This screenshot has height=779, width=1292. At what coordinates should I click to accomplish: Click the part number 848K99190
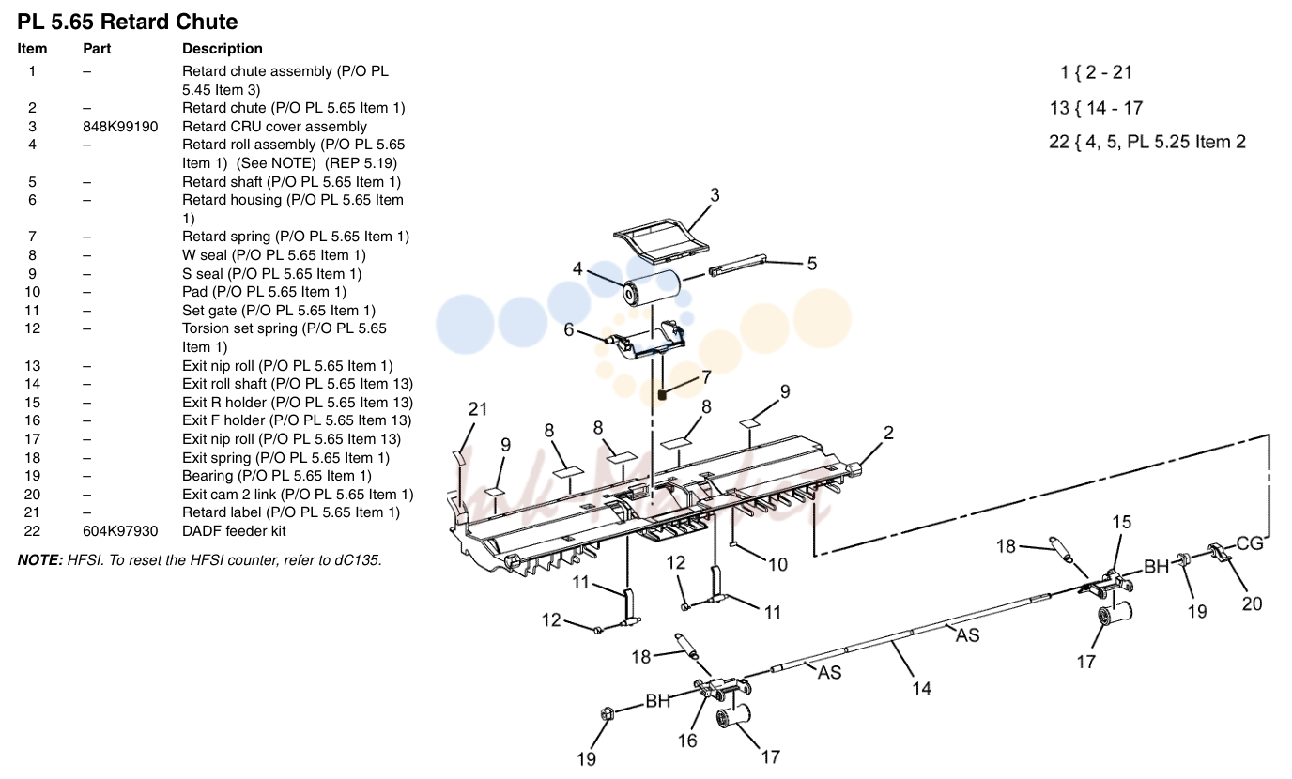pyautogui.click(x=120, y=127)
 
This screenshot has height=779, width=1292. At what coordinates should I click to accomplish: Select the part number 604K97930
pyautogui.click(x=120, y=531)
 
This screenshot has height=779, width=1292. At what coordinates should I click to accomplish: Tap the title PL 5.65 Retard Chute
pyautogui.click(x=128, y=22)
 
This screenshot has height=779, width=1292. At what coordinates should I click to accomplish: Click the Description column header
pyautogui.click(x=222, y=49)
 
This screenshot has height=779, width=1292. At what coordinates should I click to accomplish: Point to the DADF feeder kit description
pyautogui.click(x=234, y=531)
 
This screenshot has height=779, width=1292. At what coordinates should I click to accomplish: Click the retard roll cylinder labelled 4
pyautogui.click(x=652, y=288)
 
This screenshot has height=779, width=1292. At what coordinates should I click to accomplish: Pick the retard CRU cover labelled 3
pyautogui.click(x=661, y=238)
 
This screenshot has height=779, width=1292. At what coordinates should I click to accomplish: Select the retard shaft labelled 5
pyautogui.click(x=737, y=265)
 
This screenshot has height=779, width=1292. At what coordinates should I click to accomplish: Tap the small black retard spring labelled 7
pyautogui.click(x=662, y=395)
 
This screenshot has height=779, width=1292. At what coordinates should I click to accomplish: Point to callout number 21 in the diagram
pyautogui.click(x=478, y=409)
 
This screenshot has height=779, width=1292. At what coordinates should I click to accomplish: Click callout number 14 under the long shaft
pyautogui.click(x=921, y=688)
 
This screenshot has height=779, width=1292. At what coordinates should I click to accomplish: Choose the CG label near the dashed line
pyautogui.click(x=1250, y=543)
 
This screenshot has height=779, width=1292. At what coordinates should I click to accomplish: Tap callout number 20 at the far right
pyautogui.click(x=1252, y=603)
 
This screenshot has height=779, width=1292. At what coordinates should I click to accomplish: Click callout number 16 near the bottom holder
pyautogui.click(x=687, y=741)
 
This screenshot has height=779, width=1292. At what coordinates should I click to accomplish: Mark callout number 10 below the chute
pyautogui.click(x=777, y=564)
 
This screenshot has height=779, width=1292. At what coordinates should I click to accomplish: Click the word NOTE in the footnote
pyautogui.click(x=39, y=560)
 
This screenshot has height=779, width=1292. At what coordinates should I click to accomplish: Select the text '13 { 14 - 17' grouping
pyautogui.click(x=1096, y=108)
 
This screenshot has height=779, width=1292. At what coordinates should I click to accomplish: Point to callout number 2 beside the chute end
pyautogui.click(x=888, y=433)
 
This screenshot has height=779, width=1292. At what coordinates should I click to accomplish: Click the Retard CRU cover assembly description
pyautogui.click(x=274, y=127)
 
